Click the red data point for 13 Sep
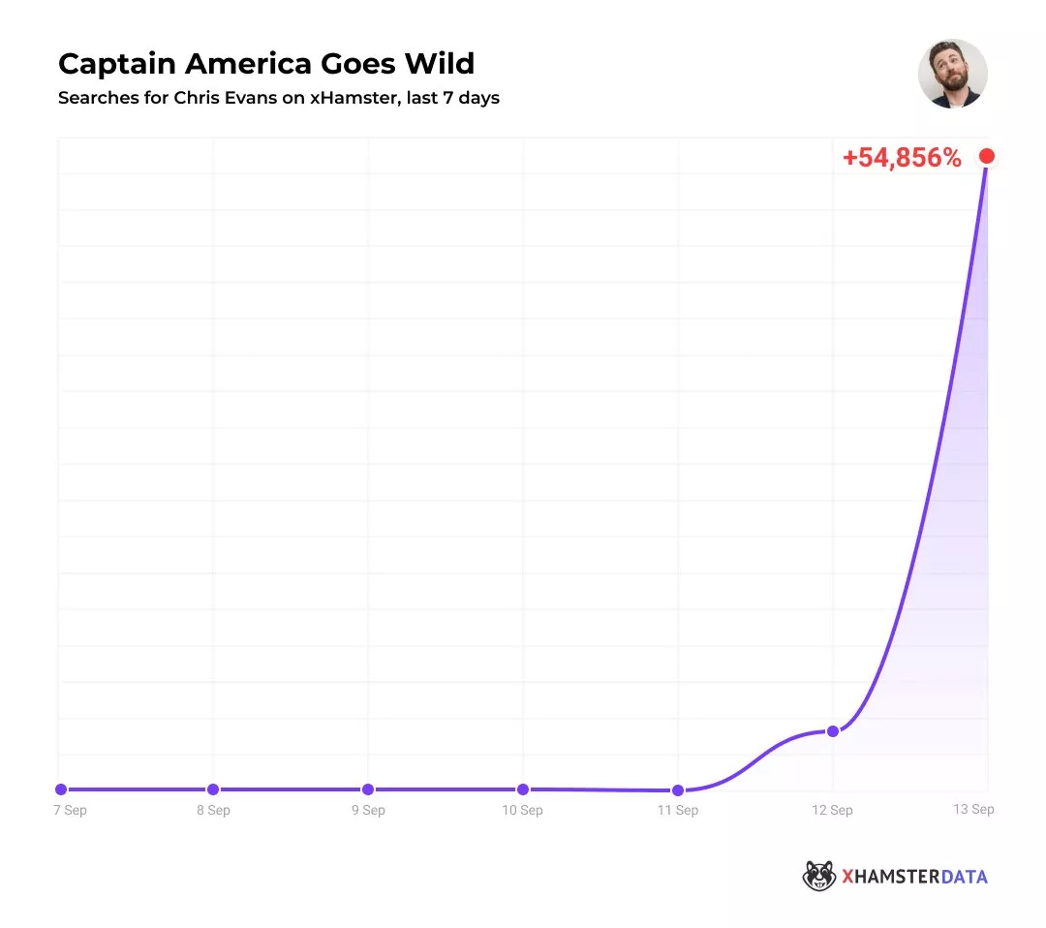point(987,156)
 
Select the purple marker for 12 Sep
point(832,730)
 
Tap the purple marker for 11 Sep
point(678,790)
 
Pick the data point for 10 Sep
point(523,789)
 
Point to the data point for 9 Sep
point(368,789)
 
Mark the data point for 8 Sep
point(213,789)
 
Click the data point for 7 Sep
point(61,789)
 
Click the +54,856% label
point(902,159)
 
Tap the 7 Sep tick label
point(70,810)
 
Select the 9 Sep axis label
point(368,810)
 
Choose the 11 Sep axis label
point(678,810)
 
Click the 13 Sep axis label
point(974,809)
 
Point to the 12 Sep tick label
point(832,810)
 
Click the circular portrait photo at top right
point(952,74)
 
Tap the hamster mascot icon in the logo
point(819,877)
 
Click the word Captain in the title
point(116,64)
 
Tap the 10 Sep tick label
point(523,810)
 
